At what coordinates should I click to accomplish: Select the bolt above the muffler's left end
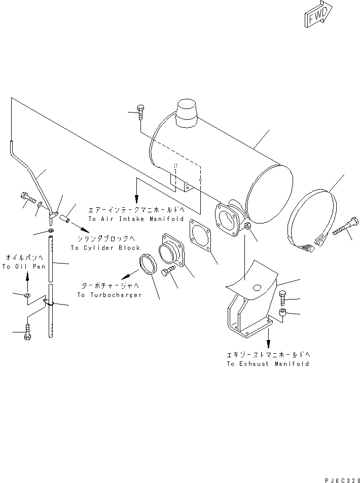[141, 113]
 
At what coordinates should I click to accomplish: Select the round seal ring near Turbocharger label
[149, 266]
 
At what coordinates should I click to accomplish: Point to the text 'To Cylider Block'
[105, 248]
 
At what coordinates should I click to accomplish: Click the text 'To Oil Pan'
[24, 267]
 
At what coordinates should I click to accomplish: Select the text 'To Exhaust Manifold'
[268, 364]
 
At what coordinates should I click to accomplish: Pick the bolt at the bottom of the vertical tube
[28, 333]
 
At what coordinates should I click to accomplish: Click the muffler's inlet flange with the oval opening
[228, 219]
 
